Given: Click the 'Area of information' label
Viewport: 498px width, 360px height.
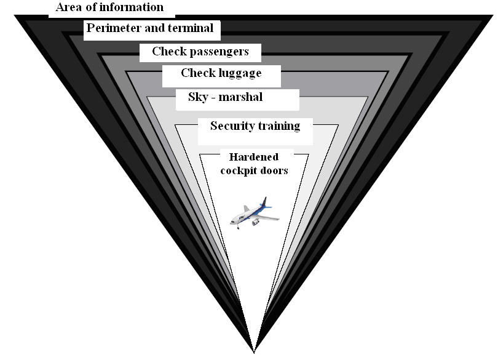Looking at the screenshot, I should [x=109, y=8].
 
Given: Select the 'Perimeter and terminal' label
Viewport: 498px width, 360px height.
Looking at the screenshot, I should [x=150, y=28].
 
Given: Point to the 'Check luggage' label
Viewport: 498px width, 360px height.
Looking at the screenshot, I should [x=221, y=73].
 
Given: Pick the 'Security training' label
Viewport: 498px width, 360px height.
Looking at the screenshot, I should [x=255, y=126].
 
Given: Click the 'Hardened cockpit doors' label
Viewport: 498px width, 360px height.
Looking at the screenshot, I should [x=254, y=164].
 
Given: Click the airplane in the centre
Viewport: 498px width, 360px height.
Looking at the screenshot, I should [x=253, y=212].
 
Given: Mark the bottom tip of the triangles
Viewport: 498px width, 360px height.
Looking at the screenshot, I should [x=254, y=352].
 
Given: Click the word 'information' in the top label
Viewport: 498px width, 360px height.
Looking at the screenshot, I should [x=132, y=8].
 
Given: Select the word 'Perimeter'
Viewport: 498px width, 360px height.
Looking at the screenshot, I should [x=113, y=28].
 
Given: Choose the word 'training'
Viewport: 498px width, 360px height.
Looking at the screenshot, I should [x=278, y=126].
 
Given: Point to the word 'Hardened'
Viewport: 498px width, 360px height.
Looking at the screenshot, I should [x=253, y=157].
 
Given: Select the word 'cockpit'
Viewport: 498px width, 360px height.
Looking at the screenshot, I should [x=241, y=171].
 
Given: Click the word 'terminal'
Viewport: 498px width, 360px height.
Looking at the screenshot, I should [x=190, y=28].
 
